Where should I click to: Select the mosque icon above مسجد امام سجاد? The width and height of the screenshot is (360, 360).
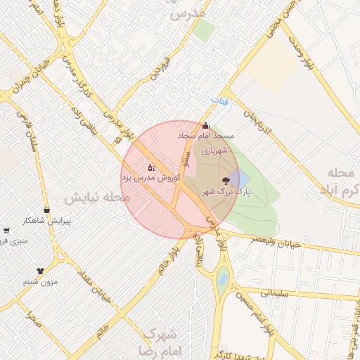(205, 126)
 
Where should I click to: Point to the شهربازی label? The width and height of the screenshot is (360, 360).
(215, 150)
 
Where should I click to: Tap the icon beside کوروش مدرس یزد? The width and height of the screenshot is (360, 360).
(151, 167)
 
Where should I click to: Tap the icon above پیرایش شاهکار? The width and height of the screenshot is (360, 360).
(46, 210)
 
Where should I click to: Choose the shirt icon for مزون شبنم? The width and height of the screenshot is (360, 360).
(40, 270)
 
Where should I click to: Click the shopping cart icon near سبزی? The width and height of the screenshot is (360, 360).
(6, 230)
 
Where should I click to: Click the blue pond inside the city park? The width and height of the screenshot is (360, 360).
(238, 177)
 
